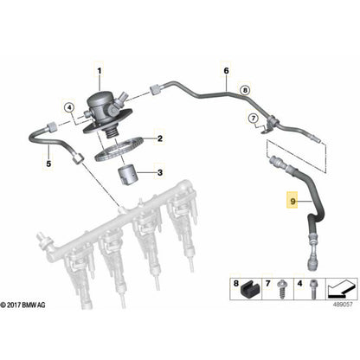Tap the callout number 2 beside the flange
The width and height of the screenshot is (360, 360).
click(x=158, y=137)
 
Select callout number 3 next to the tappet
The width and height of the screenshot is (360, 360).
click(x=158, y=173)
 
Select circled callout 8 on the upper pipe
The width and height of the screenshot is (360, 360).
click(x=244, y=89)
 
